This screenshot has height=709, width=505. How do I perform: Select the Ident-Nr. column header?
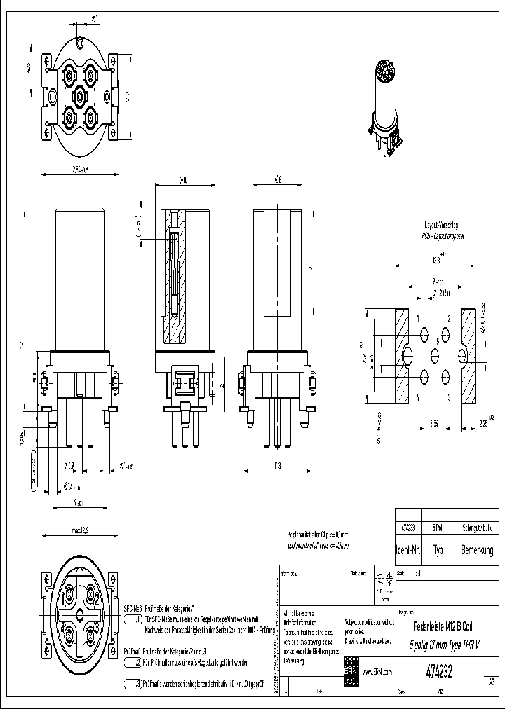(408, 551)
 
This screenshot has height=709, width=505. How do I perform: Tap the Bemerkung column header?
(477, 551)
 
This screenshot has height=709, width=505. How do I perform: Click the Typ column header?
(438, 551)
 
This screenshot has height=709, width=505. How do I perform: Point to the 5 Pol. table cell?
(438, 527)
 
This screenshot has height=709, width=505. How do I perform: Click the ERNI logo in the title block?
(350, 671)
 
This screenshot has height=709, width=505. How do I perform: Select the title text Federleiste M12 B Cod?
(446, 627)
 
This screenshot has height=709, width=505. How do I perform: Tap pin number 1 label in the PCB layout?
(419, 319)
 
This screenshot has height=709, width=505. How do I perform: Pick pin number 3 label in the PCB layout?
(449, 397)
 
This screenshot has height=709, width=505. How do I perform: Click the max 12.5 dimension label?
(81, 530)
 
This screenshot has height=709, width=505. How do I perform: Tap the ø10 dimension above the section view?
(183, 180)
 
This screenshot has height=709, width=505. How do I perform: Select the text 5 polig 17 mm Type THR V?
(445, 645)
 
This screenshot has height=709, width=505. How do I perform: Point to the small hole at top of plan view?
(81, 43)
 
